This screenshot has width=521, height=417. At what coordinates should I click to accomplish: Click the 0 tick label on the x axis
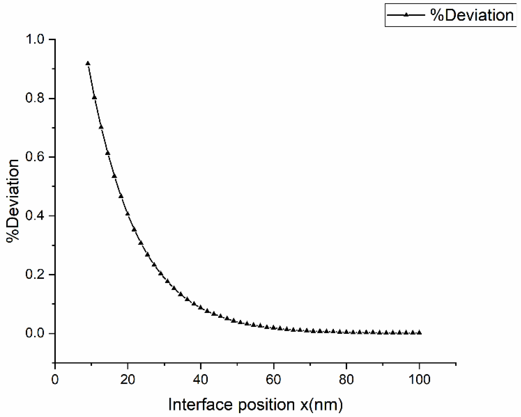coord(55,380)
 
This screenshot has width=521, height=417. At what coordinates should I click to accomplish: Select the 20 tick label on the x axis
coord(128,380)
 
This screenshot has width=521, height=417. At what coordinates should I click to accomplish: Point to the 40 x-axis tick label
coord(200,380)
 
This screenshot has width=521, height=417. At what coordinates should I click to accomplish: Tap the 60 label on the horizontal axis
coord(273,380)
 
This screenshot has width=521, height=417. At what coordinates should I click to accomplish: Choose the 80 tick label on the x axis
coord(346,380)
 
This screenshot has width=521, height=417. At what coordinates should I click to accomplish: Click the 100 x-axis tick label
coord(419,380)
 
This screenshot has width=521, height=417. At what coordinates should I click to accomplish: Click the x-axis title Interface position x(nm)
coord(255,404)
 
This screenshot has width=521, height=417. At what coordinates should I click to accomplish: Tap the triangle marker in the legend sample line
coord(406,15)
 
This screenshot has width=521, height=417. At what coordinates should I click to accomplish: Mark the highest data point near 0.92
coord(88,63)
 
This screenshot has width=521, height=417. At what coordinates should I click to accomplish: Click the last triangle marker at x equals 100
coord(419,332)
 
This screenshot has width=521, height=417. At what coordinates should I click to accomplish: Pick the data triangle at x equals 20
coord(128,214)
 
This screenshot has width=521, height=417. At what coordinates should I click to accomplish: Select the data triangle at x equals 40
coord(200,307)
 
